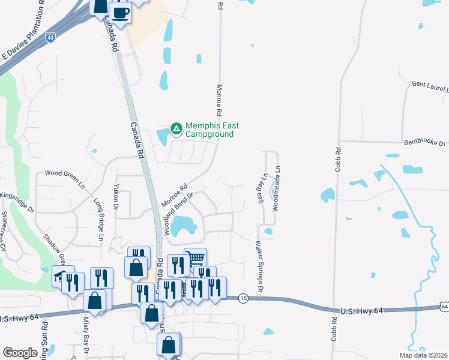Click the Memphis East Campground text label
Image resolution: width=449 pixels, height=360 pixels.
tap(212, 130)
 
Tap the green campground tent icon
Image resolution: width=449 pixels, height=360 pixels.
tap(176, 128)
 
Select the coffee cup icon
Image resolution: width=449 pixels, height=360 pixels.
tap(120, 13)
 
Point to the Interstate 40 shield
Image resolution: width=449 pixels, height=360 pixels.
tap(51, 37)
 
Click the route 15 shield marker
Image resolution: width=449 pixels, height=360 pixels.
tap(243, 298)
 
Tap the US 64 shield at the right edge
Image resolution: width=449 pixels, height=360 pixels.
tap(444, 307)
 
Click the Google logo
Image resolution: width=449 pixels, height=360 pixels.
tap(20, 353)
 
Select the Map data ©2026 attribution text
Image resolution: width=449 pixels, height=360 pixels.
tap(423, 355)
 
